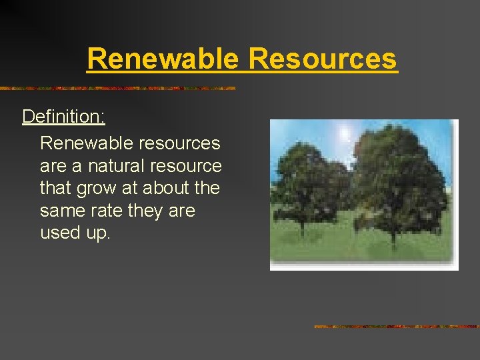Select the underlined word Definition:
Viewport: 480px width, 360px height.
coord(63,117)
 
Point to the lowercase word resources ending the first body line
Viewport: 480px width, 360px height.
coord(177,143)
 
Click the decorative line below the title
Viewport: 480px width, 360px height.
coord(117,88)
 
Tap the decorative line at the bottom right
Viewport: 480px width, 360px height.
coord(396,327)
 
